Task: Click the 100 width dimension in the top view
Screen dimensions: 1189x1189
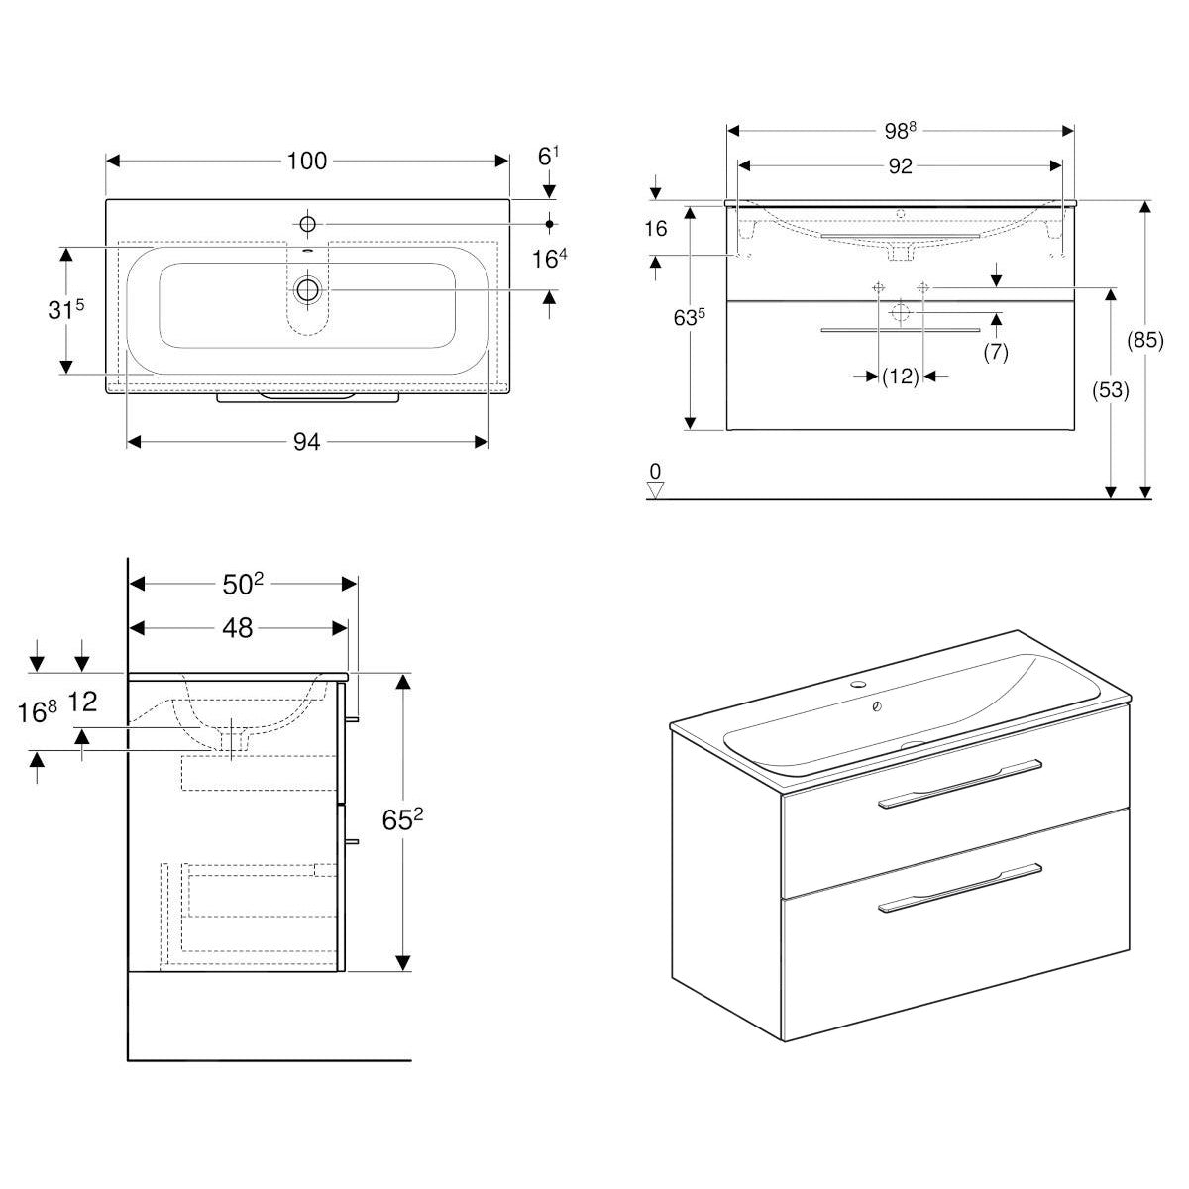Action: pos(307,161)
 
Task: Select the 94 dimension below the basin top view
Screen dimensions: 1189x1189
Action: pos(307,442)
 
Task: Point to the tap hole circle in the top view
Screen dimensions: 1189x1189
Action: pos(307,224)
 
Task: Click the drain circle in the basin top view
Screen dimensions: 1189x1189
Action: pos(308,289)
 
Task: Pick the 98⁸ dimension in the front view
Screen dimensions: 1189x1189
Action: pos(900,131)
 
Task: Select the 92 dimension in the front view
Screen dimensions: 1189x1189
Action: pos(900,165)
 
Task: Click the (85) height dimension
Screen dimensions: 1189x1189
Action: pos(1145,340)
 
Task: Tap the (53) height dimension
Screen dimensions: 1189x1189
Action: pos(1111,390)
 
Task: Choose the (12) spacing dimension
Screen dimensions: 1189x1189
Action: pos(901,376)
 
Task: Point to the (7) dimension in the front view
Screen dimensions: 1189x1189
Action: pos(996,351)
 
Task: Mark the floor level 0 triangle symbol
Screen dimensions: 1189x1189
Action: pos(654,487)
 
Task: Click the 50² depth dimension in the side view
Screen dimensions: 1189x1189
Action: pos(244,584)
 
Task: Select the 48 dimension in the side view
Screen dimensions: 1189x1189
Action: pos(238,627)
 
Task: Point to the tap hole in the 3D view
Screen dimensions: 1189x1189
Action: pos(857,685)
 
